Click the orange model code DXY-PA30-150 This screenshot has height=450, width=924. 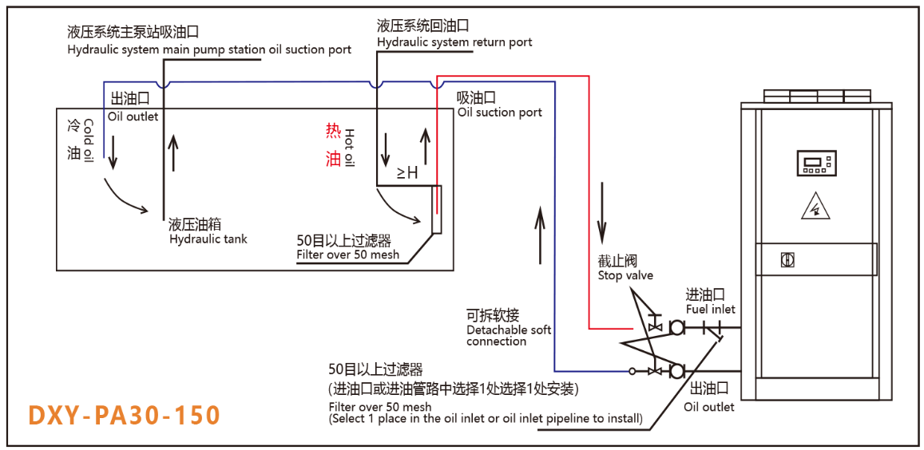pos(124,416)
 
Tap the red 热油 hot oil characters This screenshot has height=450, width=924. pos(333,144)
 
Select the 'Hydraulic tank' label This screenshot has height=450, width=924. pos(208,239)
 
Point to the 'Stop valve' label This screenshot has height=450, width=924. pos(625,275)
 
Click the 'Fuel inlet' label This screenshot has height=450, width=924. pos(710,309)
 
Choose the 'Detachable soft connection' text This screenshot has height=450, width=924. pos(509,335)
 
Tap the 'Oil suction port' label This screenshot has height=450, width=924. pos(499,112)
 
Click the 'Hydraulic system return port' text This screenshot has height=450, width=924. pos(454,41)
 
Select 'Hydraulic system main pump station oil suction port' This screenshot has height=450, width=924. pos(208,49)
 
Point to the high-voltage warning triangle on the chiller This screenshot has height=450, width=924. pos(815,208)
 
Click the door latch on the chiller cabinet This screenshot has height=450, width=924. pos(787,260)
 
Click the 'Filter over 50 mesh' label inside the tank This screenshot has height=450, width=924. pos(347,255)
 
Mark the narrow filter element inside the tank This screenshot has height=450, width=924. pos(435,210)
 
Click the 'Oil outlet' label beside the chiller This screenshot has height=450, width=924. pos(708,406)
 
